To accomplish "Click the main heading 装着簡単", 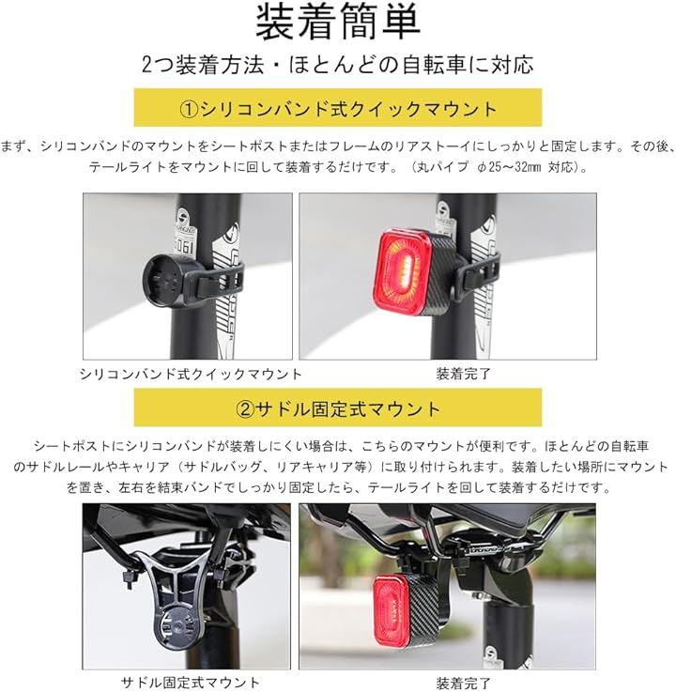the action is (x=338, y=23).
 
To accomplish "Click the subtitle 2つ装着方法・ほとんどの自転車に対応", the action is (x=338, y=65).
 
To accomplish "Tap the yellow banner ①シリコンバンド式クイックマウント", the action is (x=338, y=108).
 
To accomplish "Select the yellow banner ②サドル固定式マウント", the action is (x=338, y=408).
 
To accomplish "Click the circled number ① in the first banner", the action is (x=190, y=109).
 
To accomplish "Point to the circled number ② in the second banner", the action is (x=245, y=409).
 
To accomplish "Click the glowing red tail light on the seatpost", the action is (x=404, y=272).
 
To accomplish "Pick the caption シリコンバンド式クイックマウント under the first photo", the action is (x=191, y=375).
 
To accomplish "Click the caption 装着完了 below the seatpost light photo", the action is (x=463, y=375).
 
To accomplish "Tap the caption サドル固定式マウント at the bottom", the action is (x=191, y=683).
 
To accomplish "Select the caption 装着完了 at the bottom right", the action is (x=463, y=683).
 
